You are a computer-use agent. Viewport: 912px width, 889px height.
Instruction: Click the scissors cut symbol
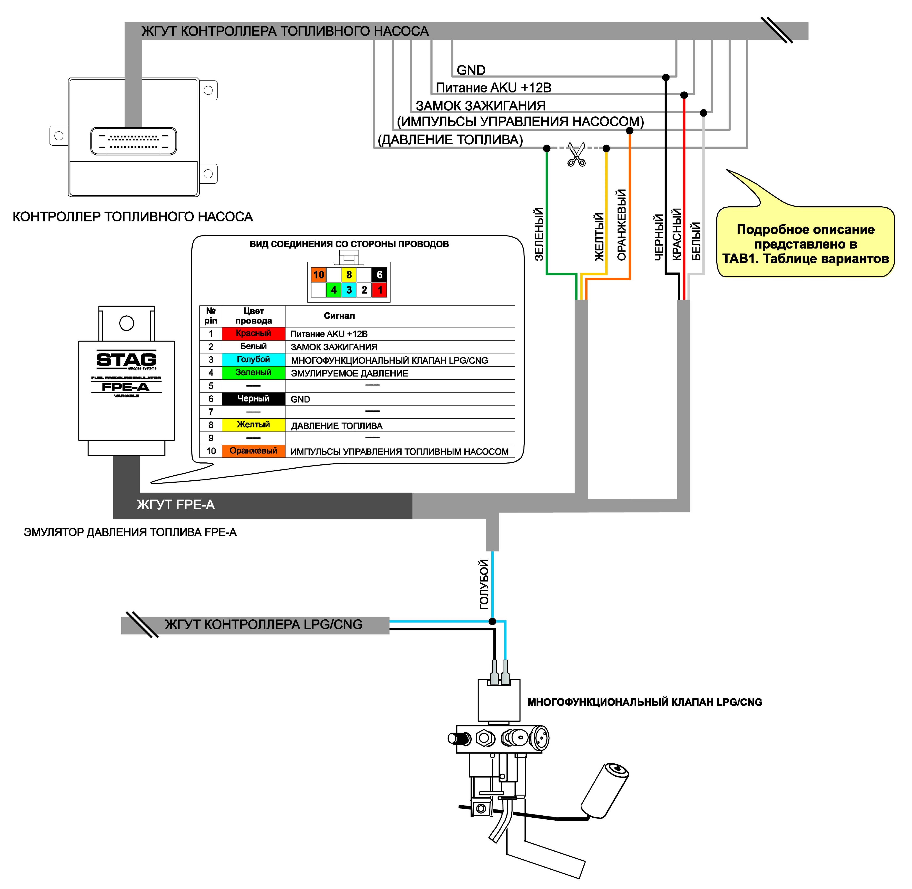coord(576,155)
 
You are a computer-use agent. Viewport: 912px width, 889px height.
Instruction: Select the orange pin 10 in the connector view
coord(319,275)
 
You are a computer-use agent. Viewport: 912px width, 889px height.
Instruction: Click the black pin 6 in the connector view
coord(379,275)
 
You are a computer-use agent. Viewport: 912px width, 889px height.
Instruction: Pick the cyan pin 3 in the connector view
coord(349,290)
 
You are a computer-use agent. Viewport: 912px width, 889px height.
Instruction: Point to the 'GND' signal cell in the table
coord(400,399)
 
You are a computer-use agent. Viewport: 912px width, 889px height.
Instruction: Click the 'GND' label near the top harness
coord(471,70)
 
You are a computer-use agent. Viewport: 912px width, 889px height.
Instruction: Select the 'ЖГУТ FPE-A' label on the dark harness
coord(176,505)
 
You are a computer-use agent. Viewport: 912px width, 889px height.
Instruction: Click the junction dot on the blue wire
coord(492,622)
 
